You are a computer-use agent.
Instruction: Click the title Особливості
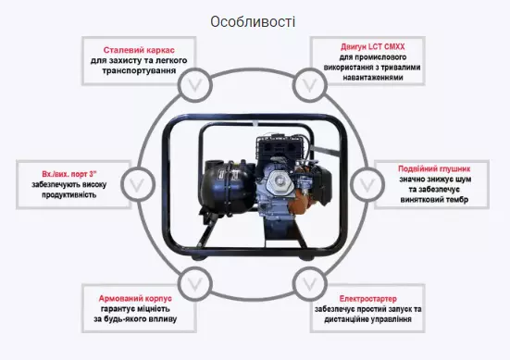(253, 22)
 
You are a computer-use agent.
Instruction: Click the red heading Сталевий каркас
(139, 50)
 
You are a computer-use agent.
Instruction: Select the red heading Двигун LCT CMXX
(373, 47)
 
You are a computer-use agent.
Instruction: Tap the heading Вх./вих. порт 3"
(69, 174)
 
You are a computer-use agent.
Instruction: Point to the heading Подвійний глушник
(434, 168)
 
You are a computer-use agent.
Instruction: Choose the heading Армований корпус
(135, 299)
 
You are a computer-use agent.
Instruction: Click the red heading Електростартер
(367, 299)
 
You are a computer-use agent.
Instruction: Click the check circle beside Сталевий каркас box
(195, 85)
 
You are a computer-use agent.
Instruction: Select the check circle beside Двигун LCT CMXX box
(309, 85)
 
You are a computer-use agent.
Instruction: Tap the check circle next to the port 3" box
(138, 184)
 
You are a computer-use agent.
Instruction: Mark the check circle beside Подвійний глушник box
(367, 185)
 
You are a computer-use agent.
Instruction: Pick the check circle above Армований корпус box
(195, 284)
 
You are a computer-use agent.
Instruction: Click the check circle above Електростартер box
(309, 284)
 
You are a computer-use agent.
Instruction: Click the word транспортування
(139, 71)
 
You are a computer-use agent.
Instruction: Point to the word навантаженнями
(373, 78)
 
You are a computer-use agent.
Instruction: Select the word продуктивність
(68, 194)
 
